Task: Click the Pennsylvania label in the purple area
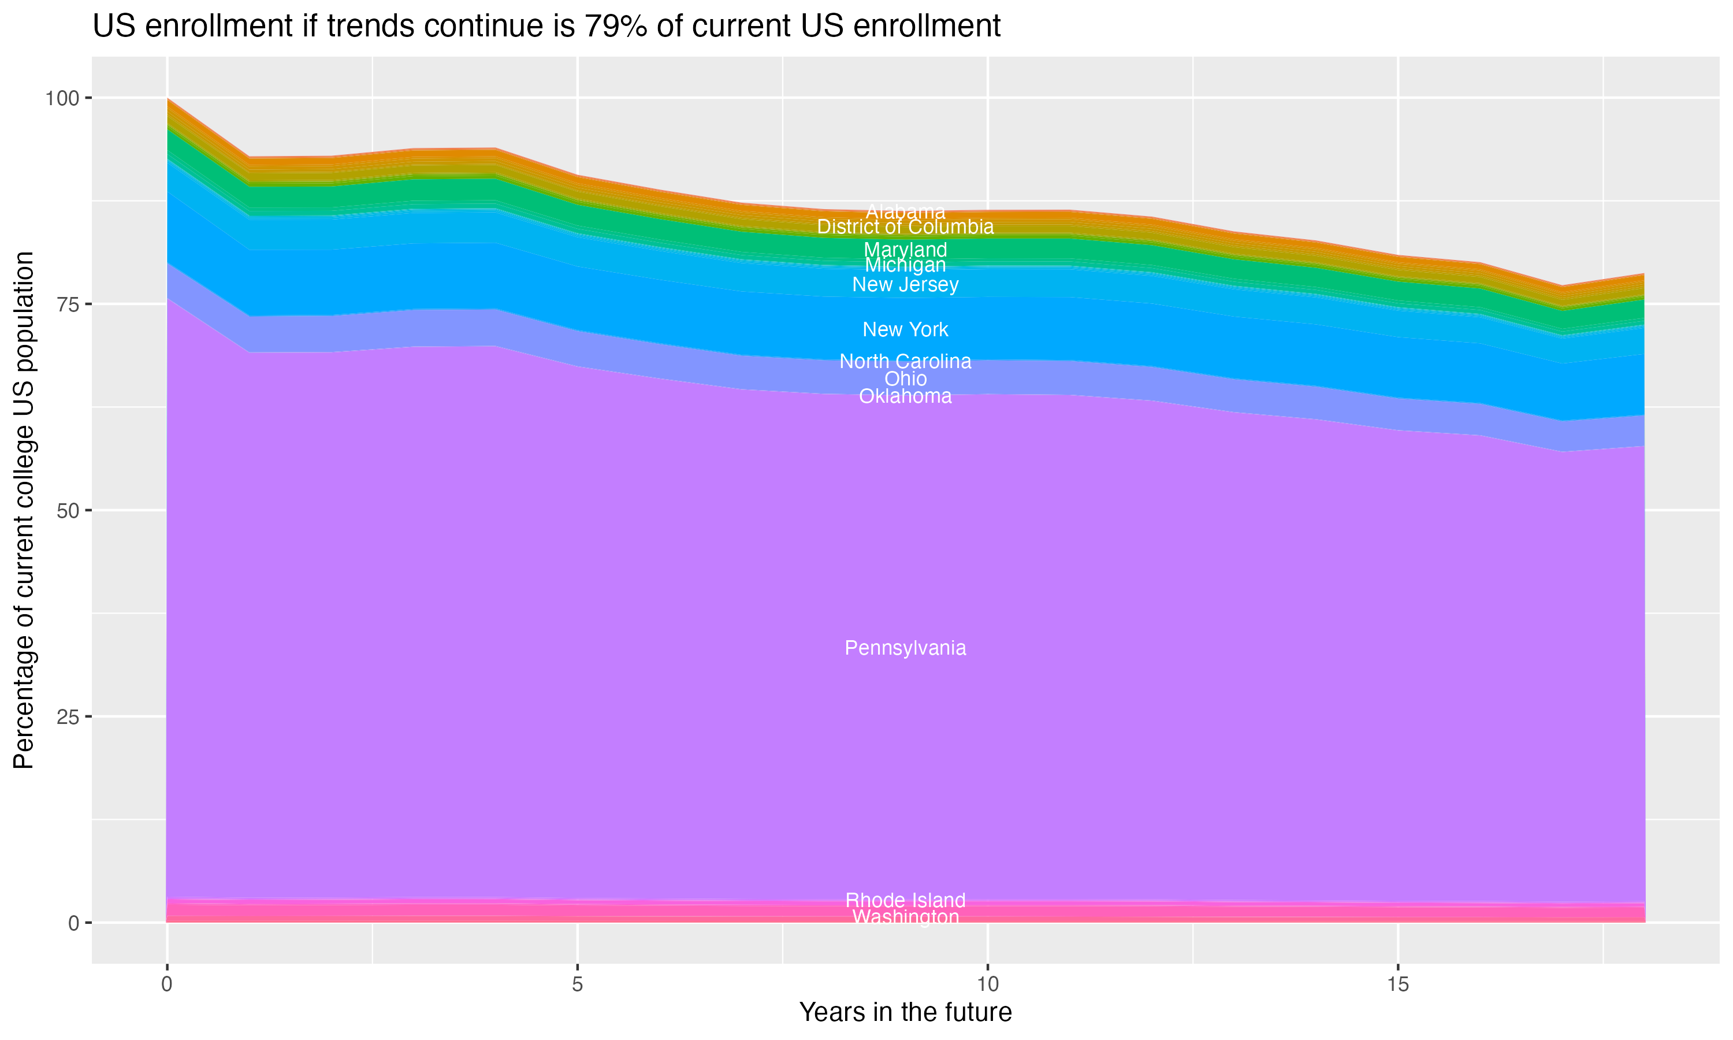coord(905,648)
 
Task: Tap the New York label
coord(905,329)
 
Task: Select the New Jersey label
coord(905,284)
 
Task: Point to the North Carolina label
coord(905,362)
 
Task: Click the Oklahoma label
coord(905,397)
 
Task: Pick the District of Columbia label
coord(905,227)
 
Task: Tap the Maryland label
coord(905,250)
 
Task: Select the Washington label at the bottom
coord(905,918)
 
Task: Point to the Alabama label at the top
coord(905,211)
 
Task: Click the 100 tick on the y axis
coord(62,98)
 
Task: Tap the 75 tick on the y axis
coord(67,304)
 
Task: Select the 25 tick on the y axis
coord(67,717)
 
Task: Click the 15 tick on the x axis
coord(1397,985)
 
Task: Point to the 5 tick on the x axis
coord(577,985)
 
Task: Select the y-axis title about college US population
coord(24,510)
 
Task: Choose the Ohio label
coord(905,379)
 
